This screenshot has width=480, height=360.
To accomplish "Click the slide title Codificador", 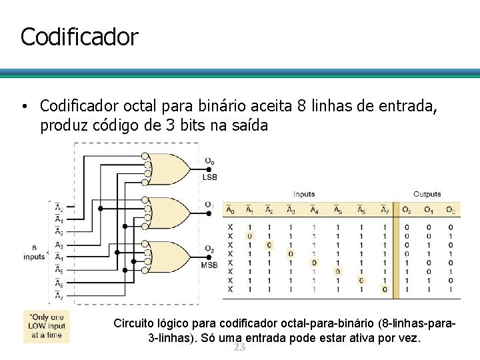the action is (x=79, y=37).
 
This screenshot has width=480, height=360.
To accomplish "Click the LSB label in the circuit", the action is (x=209, y=176).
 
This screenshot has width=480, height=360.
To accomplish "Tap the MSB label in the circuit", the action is (x=209, y=265).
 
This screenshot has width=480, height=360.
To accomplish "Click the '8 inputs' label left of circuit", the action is (x=34, y=252).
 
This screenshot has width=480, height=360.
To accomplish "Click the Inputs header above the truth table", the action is (x=304, y=194).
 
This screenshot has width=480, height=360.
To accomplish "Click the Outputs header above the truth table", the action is (x=427, y=194).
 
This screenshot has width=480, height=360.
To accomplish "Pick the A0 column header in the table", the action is (x=231, y=211).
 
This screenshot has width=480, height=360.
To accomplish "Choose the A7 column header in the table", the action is (x=385, y=211).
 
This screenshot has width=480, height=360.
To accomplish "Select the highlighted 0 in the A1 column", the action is (x=250, y=236).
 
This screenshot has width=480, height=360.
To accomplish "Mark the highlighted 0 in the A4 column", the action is (x=313, y=263).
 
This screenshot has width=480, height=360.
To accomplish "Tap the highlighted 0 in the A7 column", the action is (x=385, y=289).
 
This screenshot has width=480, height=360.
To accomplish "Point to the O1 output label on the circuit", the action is (x=209, y=204).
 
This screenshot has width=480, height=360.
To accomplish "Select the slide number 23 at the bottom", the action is (x=239, y=348).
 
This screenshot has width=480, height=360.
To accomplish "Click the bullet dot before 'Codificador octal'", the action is (x=23, y=107).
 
